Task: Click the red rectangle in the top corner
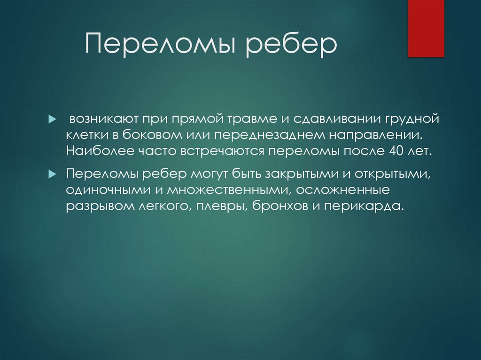click(x=426, y=28)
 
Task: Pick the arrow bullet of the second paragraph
click(x=52, y=174)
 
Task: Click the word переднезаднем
click(x=264, y=136)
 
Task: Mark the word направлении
click(x=375, y=136)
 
